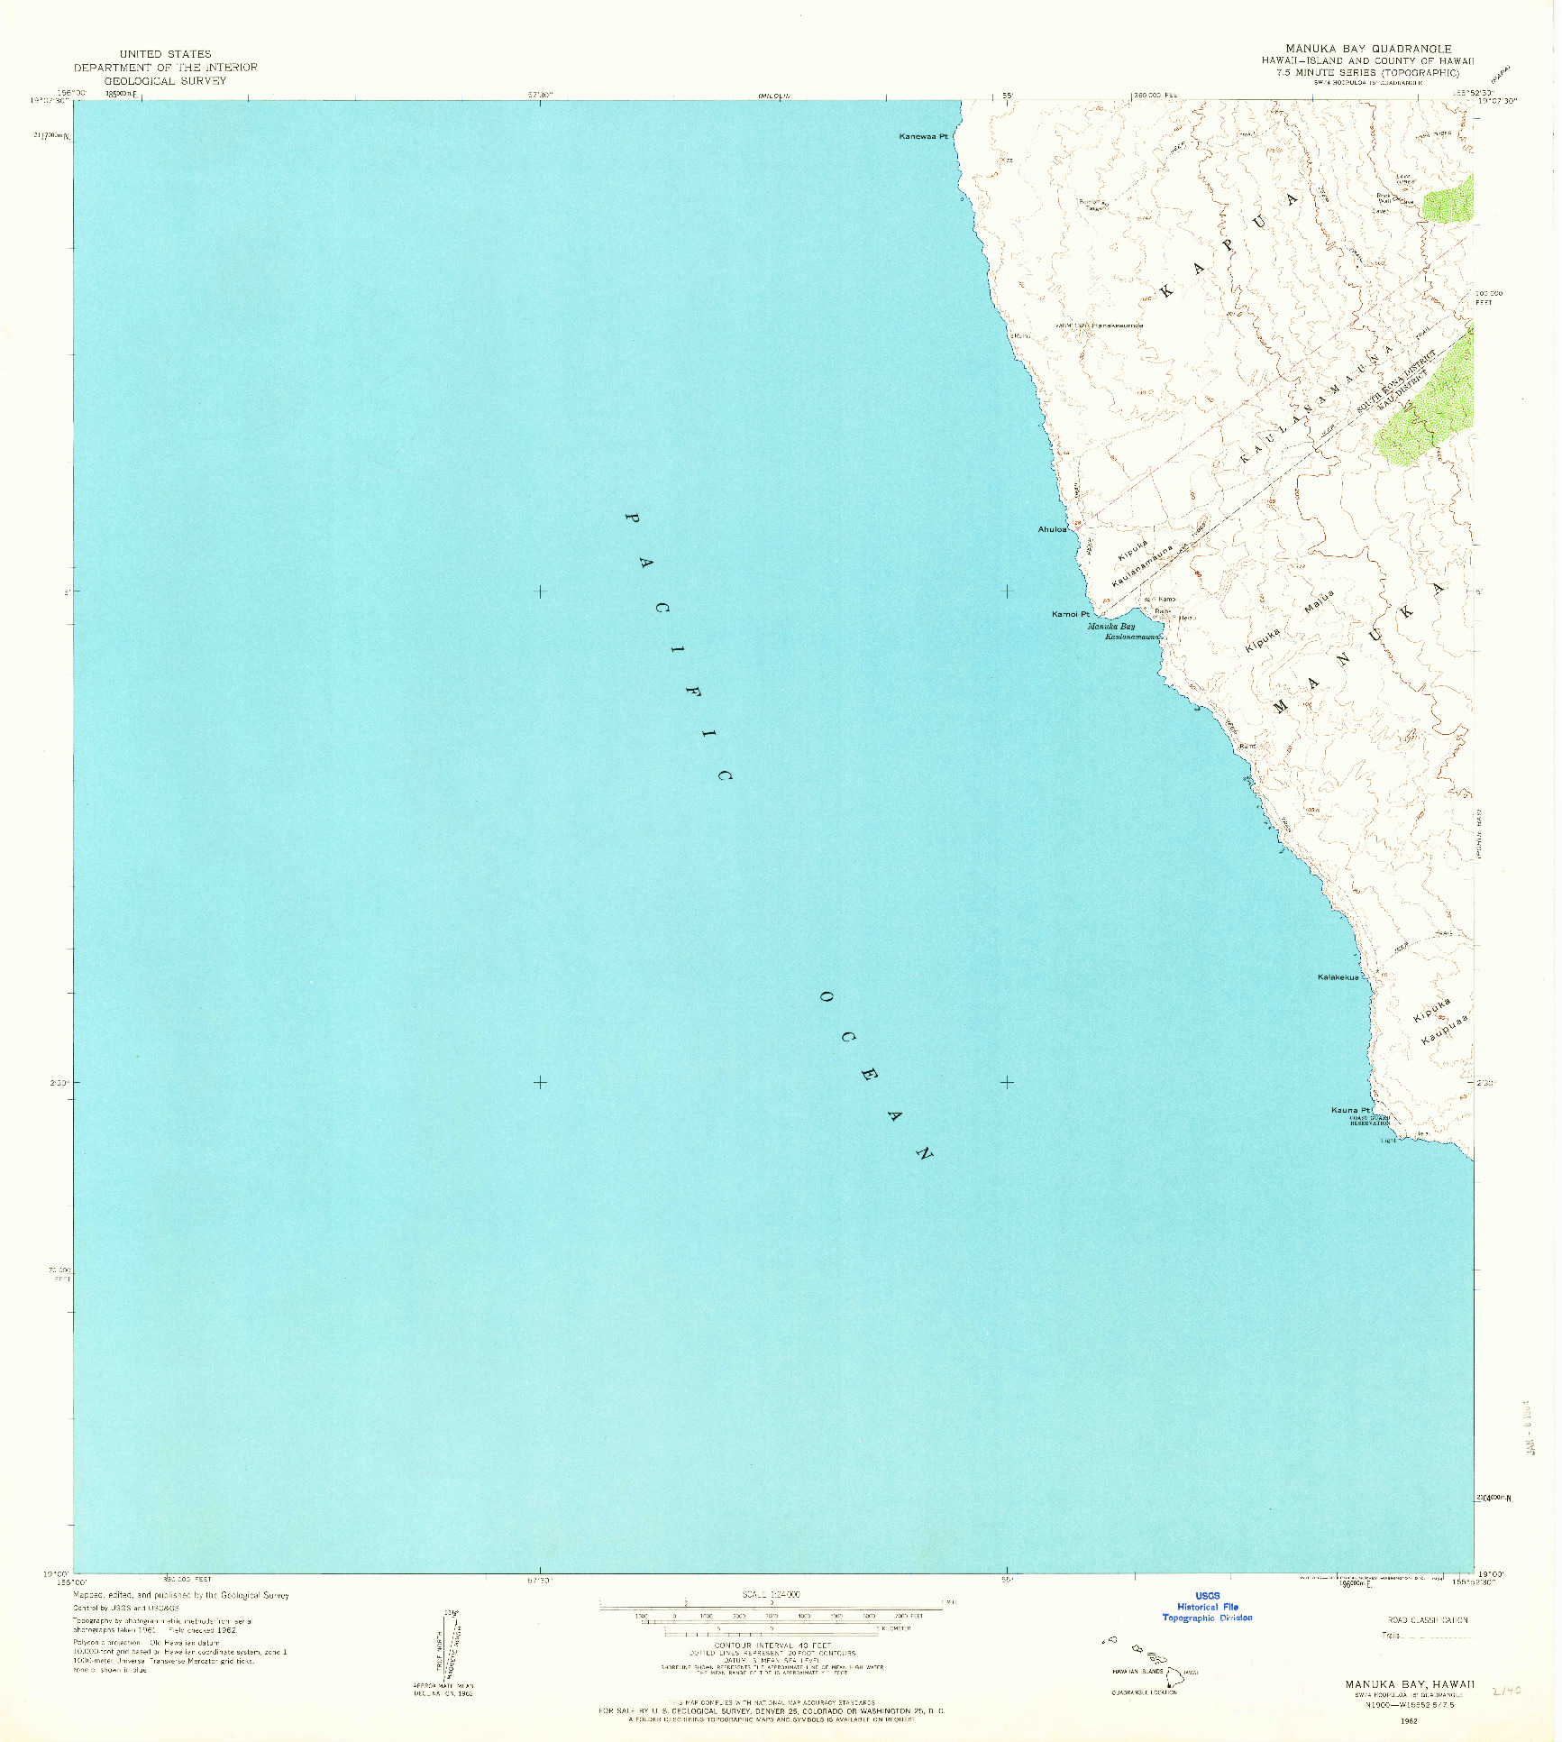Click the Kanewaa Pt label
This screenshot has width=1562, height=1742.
tap(924, 137)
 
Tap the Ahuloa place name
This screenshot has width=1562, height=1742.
tap(1053, 529)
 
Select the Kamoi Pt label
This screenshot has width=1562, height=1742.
tap(1070, 614)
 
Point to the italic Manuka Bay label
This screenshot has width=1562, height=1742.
tap(1110, 626)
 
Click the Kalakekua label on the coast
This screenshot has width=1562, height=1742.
tap(1338, 977)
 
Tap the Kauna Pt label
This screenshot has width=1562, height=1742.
tap(1351, 1110)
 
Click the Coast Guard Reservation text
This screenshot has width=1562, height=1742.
tap(1369, 1121)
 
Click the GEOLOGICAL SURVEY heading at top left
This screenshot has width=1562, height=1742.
tap(165, 80)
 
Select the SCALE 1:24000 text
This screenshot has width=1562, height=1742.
tap(771, 1595)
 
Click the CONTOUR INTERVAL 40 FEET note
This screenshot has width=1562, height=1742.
tap(771, 1646)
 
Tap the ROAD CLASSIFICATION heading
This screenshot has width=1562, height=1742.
tap(1427, 1620)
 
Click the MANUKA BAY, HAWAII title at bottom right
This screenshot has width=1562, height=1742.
tap(1410, 1683)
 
